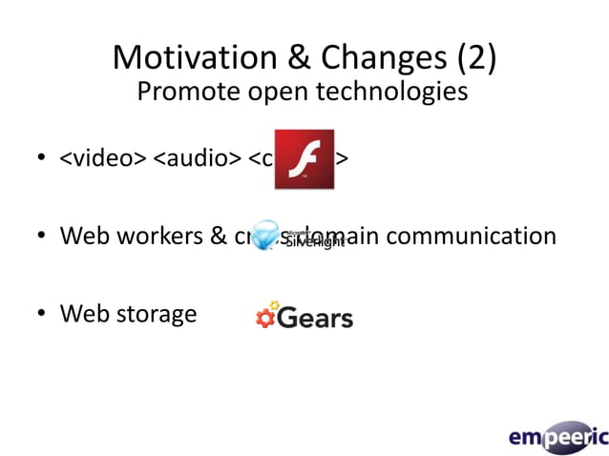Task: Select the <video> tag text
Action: (x=103, y=157)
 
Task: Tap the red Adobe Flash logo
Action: (x=304, y=158)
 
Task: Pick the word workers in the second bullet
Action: (x=165, y=236)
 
